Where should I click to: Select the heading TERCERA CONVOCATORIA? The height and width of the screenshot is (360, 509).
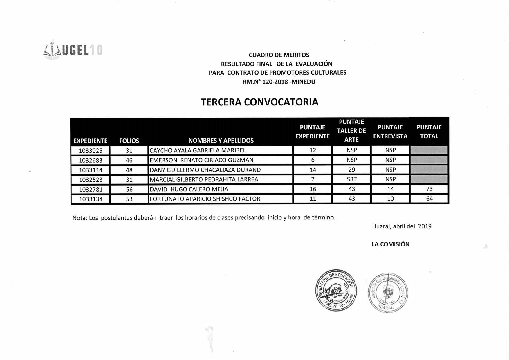tap(259, 102)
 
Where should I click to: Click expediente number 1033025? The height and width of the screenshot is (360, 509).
tap(91, 151)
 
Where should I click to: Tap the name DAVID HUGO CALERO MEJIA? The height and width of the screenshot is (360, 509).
tap(189, 189)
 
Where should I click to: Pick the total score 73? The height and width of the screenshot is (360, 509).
tap(429, 189)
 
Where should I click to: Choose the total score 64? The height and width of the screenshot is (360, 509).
tap(429, 199)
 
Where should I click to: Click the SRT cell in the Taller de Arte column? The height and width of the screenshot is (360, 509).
tap(351, 179)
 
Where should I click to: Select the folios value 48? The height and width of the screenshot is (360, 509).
tap(129, 170)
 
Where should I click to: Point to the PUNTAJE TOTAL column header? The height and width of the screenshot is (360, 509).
tap(429, 132)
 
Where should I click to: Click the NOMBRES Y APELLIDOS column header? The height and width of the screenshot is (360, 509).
tap(221, 141)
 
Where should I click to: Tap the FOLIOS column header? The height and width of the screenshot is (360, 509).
tap(129, 141)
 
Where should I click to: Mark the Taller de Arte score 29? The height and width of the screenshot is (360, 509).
tap(351, 170)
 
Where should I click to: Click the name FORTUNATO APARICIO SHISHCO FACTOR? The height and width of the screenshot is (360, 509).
tap(205, 199)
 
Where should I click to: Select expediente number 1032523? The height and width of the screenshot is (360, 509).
tap(91, 180)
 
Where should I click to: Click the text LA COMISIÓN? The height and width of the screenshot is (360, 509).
tap(390, 244)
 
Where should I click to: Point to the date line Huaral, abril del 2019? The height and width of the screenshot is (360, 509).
tap(402, 226)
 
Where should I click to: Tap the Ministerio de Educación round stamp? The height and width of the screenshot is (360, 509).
tap(336, 290)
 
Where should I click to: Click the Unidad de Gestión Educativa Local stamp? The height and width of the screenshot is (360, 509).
tap(388, 292)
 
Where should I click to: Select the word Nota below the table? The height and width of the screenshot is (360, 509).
tap(79, 218)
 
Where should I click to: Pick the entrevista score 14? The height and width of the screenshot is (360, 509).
tap(390, 189)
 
